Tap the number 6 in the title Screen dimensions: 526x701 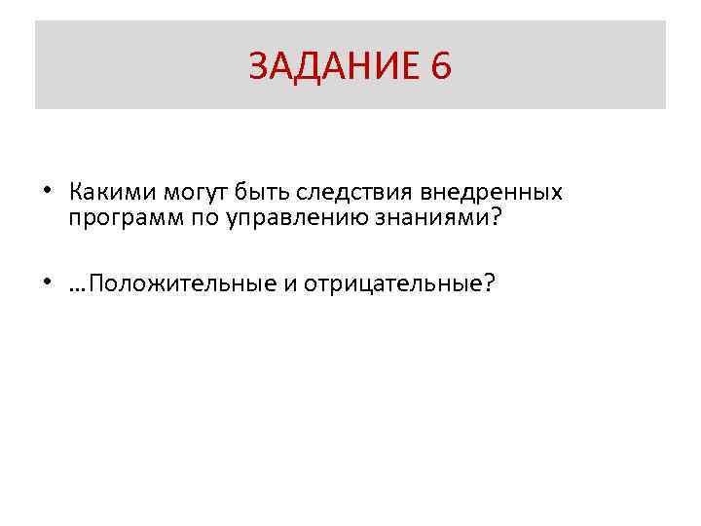pos(439,66)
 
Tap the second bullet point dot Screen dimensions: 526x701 pos(47,282)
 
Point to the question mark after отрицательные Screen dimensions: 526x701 pos(489,282)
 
